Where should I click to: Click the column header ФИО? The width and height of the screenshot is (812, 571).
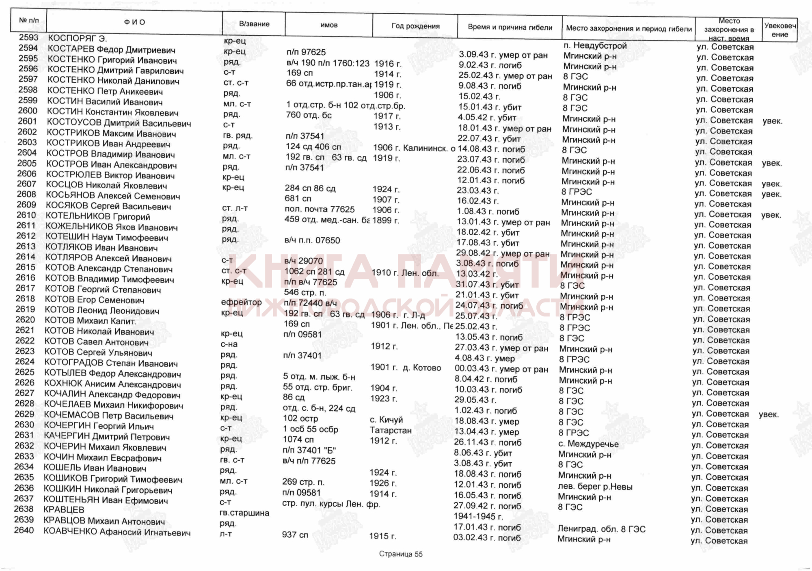pos(134,22)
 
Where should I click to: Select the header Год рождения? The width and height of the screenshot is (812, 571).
pos(415,26)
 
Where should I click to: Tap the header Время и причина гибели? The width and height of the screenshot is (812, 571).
pos(510,28)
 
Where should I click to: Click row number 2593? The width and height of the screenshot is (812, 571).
pos(28,38)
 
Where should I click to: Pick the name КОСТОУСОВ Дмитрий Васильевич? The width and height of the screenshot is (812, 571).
pos(119,123)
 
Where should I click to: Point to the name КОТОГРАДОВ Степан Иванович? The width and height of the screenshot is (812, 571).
pos(111,363)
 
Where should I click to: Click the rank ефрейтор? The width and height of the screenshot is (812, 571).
pos(241,302)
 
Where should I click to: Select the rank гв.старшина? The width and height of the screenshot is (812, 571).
pos(244,513)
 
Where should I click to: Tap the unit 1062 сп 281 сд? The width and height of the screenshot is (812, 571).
pos(314,272)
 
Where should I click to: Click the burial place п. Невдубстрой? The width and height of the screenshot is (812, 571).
pos(595,46)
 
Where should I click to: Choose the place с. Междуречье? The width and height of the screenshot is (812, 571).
pos(588,444)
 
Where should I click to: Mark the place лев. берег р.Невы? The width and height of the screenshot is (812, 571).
pos(595,487)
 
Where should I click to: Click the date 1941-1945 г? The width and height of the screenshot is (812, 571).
pos(478,517)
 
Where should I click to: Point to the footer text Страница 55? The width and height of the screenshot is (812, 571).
pos(401,554)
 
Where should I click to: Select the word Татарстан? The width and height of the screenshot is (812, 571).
pos(391,430)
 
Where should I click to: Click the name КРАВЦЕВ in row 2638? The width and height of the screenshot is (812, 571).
pos(64,510)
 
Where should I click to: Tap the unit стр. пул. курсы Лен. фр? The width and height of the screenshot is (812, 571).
pos(331,504)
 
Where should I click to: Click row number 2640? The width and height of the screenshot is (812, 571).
pos(24,530)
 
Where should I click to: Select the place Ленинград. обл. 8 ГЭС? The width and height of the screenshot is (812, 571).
pos(601,529)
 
